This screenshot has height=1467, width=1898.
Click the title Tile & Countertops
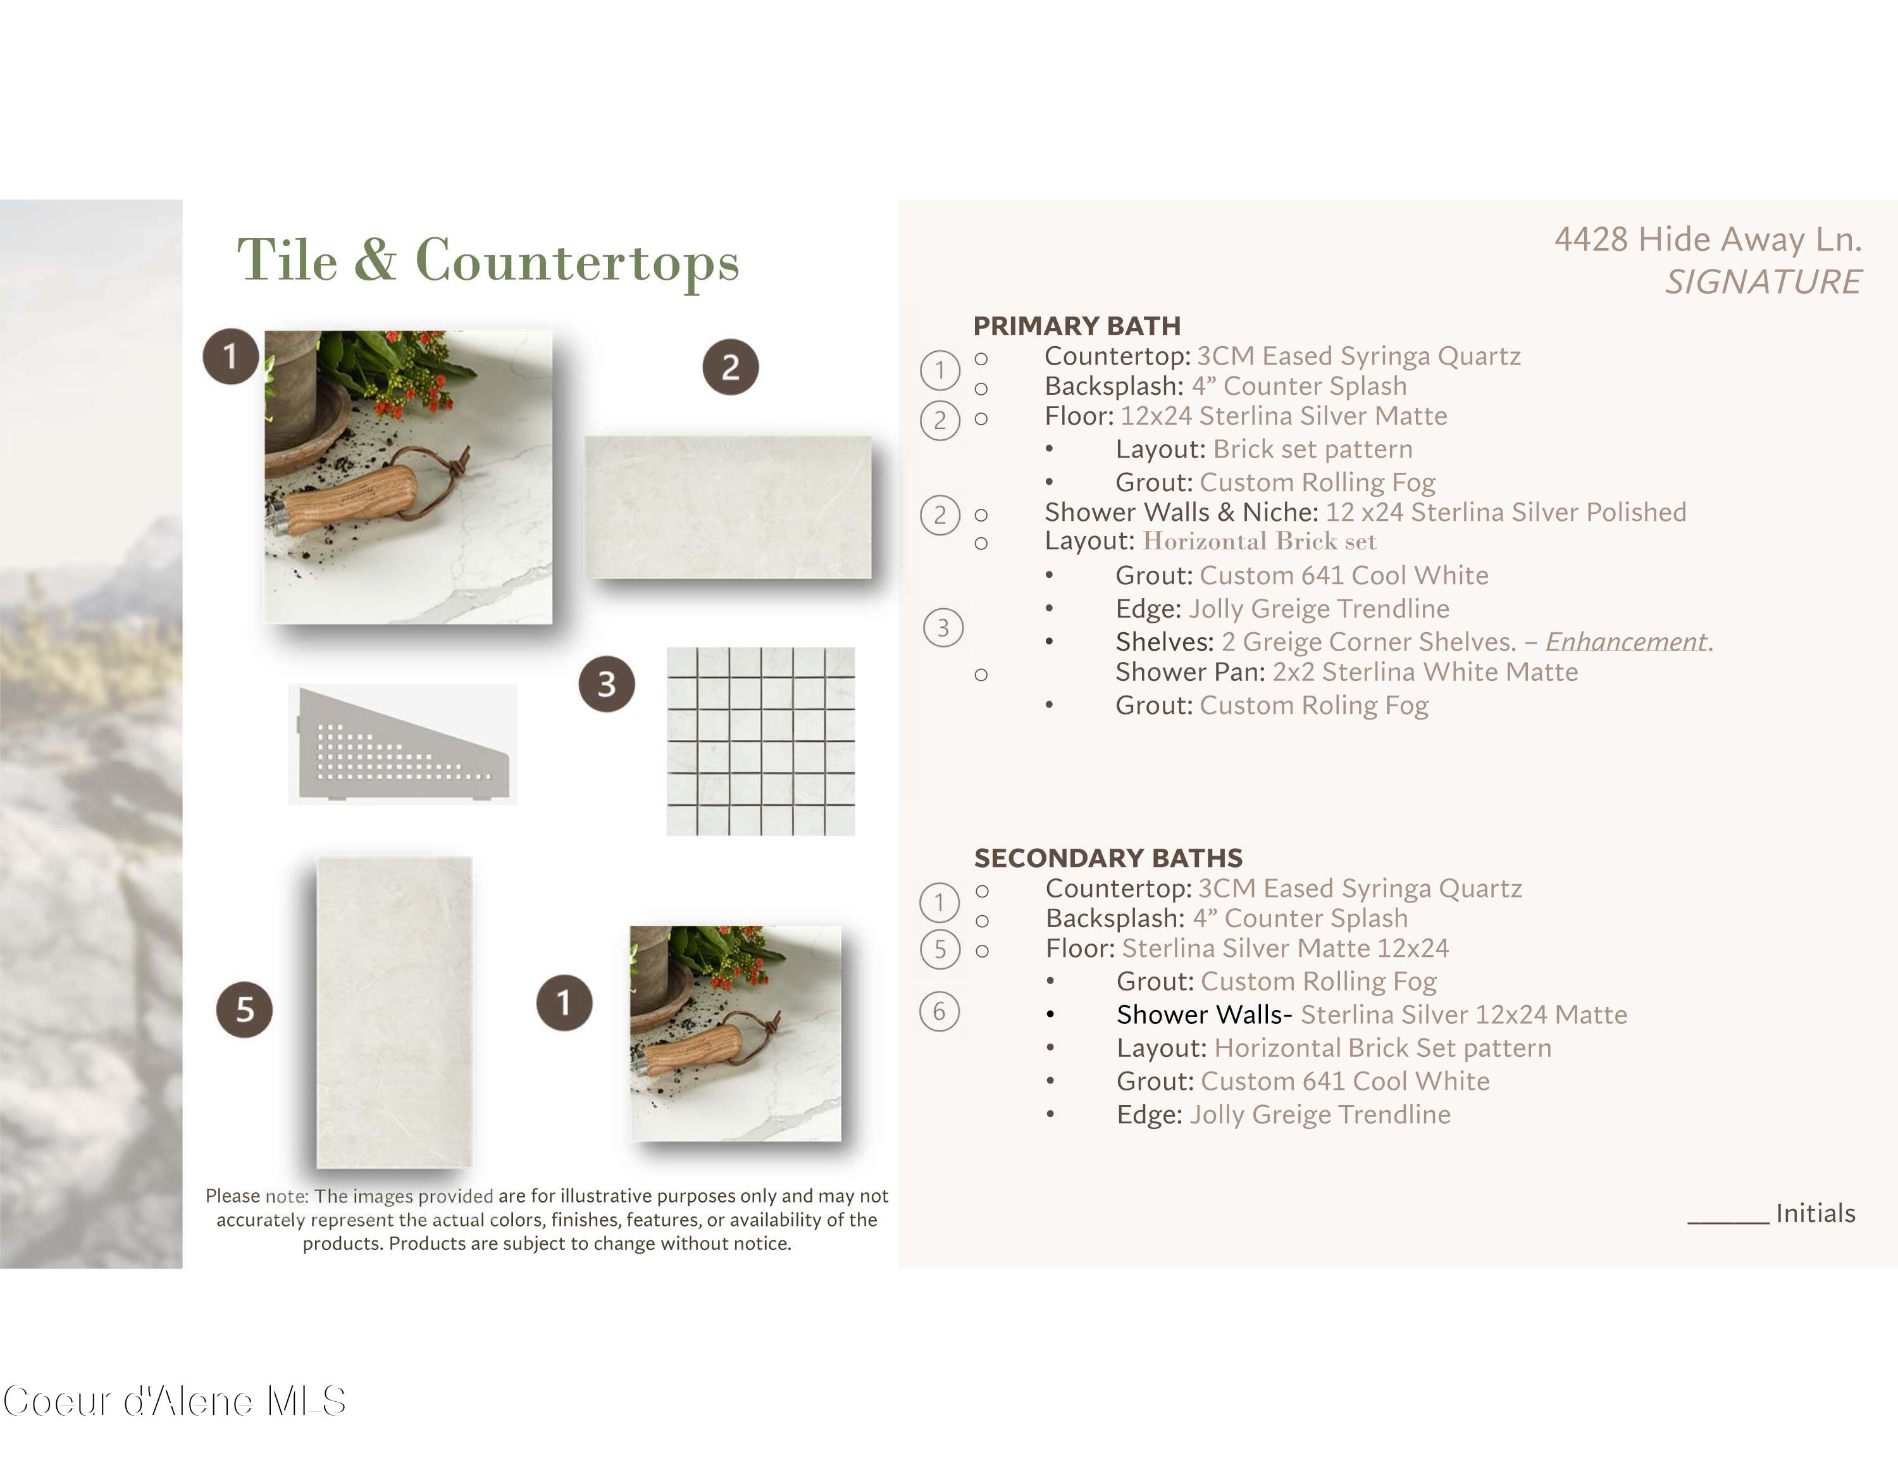pyautogui.click(x=488, y=261)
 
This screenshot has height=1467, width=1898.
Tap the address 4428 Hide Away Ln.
pyautogui.click(x=1708, y=239)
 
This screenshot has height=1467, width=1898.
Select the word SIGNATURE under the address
pyautogui.click(x=1763, y=282)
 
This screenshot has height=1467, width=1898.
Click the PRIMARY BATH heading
pyautogui.click(x=1077, y=326)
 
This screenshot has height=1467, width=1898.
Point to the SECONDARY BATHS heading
pyautogui.click(x=1108, y=858)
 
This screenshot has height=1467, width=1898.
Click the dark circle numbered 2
pyautogui.click(x=730, y=367)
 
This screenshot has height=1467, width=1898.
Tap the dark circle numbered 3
pyautogui.click(x=607, y=684)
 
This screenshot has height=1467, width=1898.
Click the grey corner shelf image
pyautogui.click(x=402, y=744)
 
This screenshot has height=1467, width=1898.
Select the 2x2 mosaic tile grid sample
pyautogui.click(x=760, y=741)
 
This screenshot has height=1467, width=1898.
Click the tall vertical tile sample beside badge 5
pyautogui.click(x=395, y=1013)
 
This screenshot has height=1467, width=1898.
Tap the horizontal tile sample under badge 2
pyautogui.click(x=728, y=508)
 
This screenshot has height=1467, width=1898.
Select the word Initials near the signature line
pyautogui.click(x=1816, y=1213)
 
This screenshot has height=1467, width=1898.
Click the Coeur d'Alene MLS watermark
pyautogui.click(x=174, y=1401)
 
